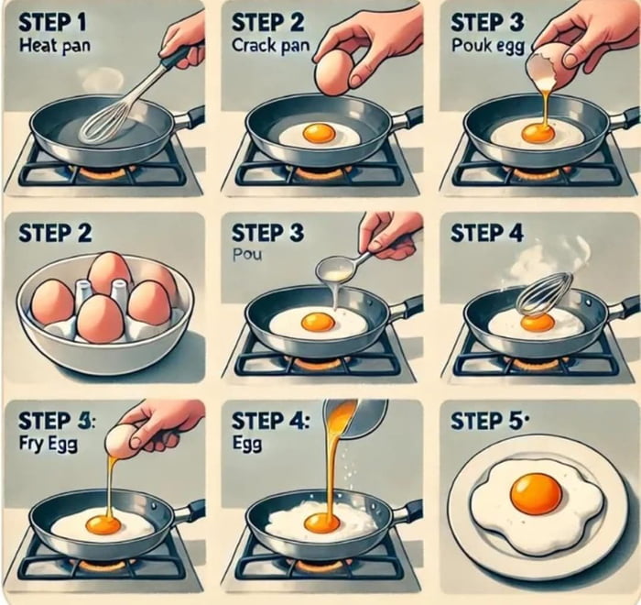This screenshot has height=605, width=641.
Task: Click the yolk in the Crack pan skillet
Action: tap(319, 133)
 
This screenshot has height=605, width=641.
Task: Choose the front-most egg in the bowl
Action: tap(100, 319)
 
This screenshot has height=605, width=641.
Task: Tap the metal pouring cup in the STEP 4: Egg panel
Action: tap(367, 417)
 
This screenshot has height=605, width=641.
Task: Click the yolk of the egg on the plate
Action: tap(536, 493)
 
